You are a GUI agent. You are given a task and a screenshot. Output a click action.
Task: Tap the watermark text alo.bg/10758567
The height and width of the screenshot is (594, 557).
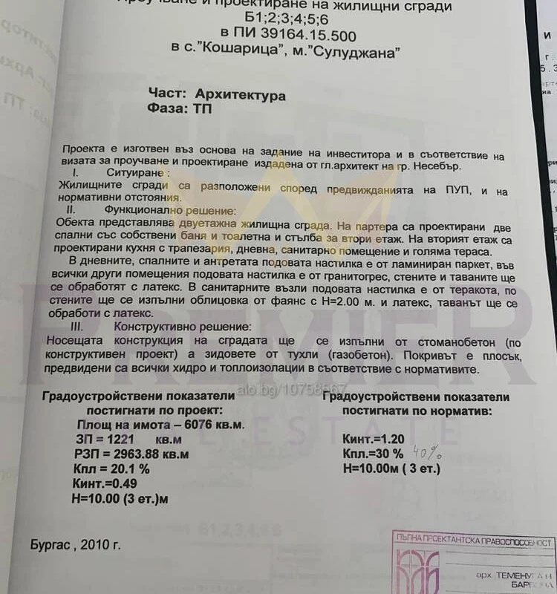click(x=293, y=389)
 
